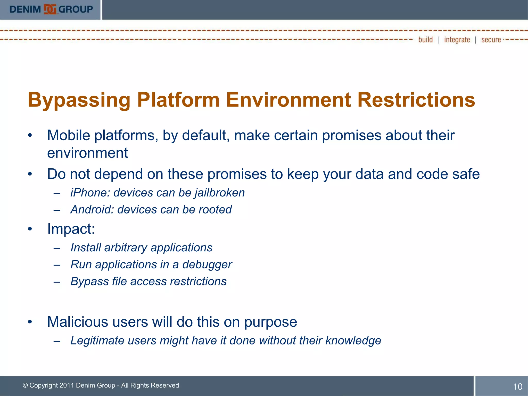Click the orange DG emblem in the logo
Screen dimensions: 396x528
tap(50, 10)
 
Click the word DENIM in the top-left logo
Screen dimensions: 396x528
tap(25, 10)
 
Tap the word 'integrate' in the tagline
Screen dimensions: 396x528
tap(457, 40)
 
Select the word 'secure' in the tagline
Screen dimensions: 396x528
tap(491, 40)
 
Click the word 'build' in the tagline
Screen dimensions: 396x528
tap(425, 40)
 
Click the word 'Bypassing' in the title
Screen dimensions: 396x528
tap(79, 100)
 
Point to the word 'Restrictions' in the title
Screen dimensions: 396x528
tap(416, 100)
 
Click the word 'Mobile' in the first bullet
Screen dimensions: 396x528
tap(68, 135)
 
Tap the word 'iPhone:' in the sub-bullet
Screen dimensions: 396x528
tap(90, 193)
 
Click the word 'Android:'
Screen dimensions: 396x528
tap(92, 210)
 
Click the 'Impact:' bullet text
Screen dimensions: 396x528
tap(71, 229)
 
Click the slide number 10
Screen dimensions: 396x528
tap(517, 386)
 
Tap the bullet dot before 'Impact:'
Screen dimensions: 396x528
tap(30, 229)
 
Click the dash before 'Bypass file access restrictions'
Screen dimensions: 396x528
tap(57, 282)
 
